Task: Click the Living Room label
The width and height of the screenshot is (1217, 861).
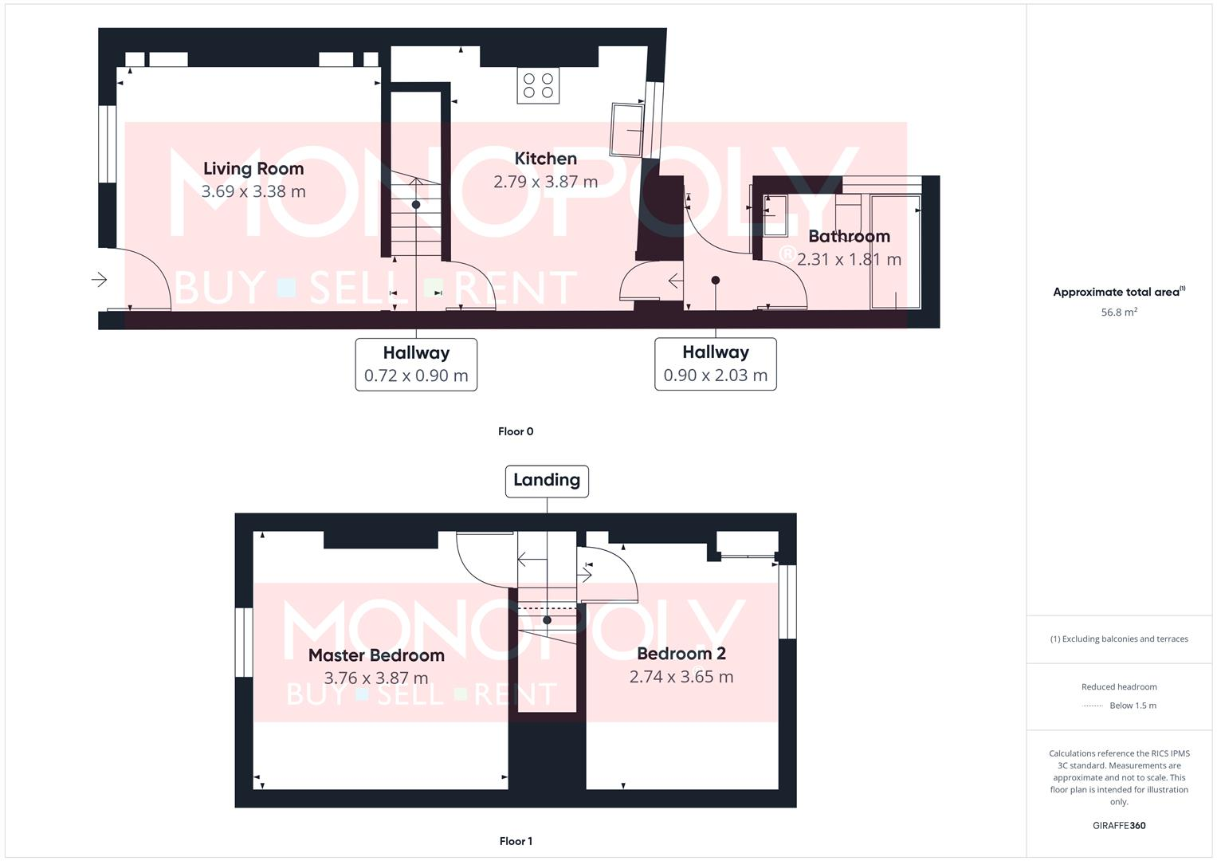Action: (x=253, y=168)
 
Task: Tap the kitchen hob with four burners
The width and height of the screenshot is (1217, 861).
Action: (x=538, y=86)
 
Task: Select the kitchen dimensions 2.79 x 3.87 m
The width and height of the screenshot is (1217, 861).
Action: (x=545, y=182)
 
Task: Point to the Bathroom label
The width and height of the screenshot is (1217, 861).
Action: (x=849, y=236)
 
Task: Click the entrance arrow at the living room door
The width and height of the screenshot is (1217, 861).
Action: (x=100, y=280)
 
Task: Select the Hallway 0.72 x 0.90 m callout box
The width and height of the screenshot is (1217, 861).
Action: (x=416, y=364)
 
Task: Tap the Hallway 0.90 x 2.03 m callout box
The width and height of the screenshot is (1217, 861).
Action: (x=715, y=364)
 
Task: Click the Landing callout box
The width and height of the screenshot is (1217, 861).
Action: (x=547, y=481)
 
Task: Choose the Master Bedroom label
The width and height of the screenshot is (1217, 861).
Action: (x=376, y=655)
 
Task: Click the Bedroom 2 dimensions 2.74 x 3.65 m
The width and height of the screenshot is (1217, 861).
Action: (x=681, y=677)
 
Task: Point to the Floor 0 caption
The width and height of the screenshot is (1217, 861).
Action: (x=516, y=431)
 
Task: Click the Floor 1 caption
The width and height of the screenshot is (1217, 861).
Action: (x=516, y=841)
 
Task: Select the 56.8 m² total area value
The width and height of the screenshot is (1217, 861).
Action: (x=1119, y=313)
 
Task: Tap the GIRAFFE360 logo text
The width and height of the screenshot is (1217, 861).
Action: (x=1119, y=825)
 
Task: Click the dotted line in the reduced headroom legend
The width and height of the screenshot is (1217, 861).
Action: (x=1093, y=706)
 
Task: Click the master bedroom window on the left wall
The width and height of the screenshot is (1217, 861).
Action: (x=244, y=643)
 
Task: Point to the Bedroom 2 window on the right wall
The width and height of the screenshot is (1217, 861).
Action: (x=787, y=602)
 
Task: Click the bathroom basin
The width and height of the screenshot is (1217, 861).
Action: (x=775, y=215)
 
